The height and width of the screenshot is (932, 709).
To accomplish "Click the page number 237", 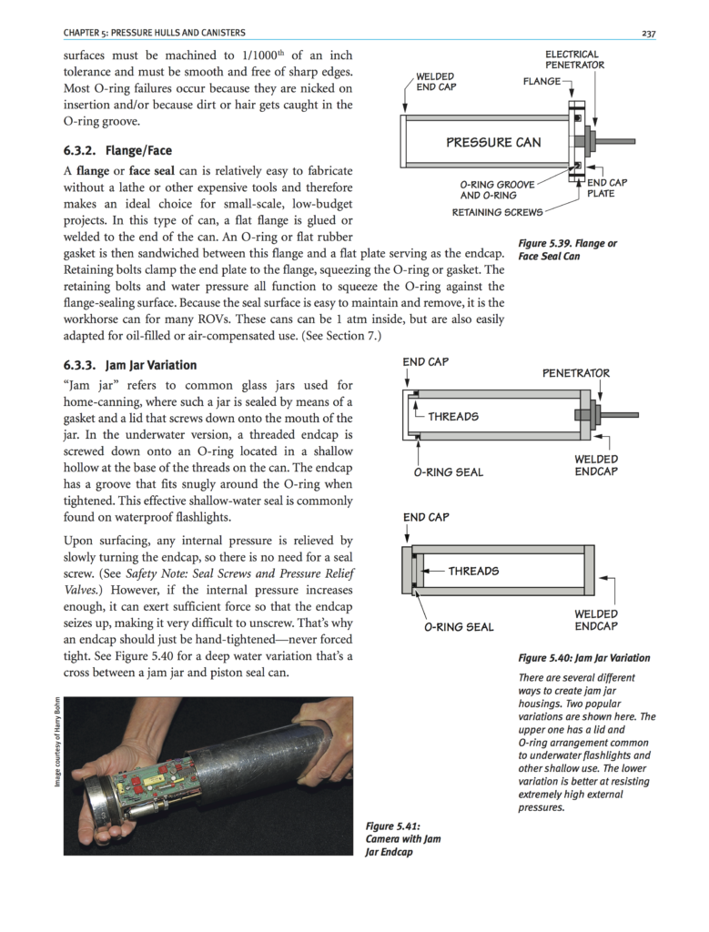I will tap(648, 34).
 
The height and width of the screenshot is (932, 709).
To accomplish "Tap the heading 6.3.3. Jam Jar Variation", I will tap(129, 365).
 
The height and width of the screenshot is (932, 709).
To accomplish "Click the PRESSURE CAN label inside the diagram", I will tap(493, 142).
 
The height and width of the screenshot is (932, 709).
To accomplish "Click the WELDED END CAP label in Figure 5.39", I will tap(436, 81).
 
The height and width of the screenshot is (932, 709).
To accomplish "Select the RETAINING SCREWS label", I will tap(497, 213).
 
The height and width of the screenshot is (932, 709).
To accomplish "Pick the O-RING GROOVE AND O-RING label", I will tap(489, 189).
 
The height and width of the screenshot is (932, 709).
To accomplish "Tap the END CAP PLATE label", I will tap(607, 187).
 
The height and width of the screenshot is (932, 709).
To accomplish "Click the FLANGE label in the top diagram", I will tap(542, 82).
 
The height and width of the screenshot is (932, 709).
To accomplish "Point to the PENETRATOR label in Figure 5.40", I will tap(576, 373).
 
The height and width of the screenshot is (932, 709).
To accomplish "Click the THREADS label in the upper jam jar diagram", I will tap(452, 416).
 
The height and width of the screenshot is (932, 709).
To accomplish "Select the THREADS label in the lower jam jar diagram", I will tap(473, 571).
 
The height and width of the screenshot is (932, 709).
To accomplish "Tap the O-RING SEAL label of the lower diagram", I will tap(459, 626).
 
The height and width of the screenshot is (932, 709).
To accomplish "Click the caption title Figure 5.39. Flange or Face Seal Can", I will tap(567, 249).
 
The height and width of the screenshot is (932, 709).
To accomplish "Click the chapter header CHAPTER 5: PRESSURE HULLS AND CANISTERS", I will tap(154, 34).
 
